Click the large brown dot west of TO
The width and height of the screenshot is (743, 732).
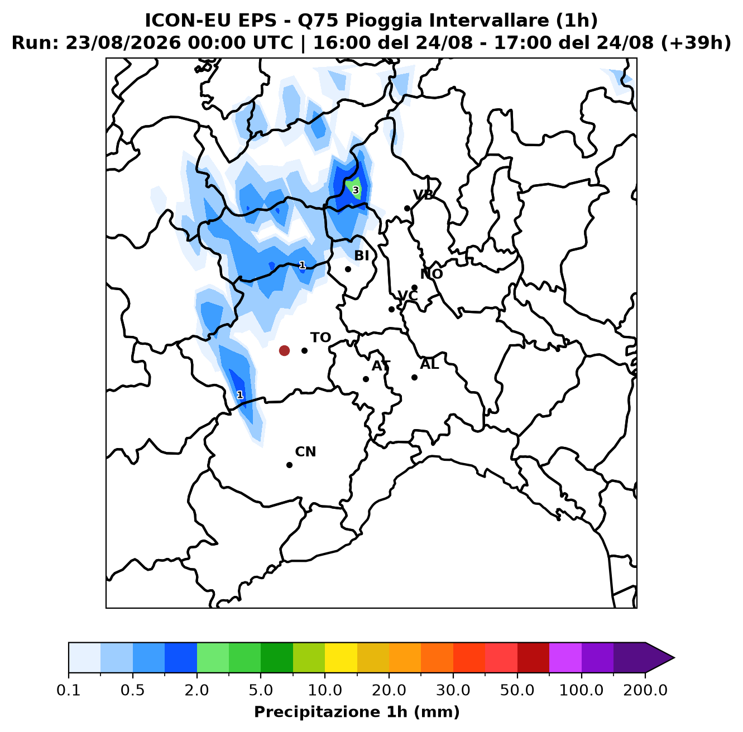(284, 350)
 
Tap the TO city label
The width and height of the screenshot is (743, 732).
(320, 338)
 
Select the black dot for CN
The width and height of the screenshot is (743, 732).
(289, 465)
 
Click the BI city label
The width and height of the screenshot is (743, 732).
(361, 256)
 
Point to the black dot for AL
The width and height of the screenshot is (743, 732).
(414, 377)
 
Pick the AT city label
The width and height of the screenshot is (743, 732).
(381, 366)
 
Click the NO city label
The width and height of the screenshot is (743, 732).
(432, 274)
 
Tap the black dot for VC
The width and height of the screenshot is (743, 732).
(391, 309)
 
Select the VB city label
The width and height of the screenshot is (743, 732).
(423, 195)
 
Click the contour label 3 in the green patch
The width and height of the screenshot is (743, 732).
(356, 190)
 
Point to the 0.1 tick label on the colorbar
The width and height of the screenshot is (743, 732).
(69, 690)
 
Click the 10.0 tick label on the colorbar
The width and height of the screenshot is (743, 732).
(325, 690)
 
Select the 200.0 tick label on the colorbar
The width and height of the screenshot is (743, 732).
(645, 690)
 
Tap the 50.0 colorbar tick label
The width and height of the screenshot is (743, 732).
(517, 690)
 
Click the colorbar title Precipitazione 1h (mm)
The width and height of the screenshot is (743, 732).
(357, 711)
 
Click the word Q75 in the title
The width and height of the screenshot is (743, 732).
(317, 21)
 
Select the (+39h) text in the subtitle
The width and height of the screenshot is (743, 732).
(696, 43)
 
